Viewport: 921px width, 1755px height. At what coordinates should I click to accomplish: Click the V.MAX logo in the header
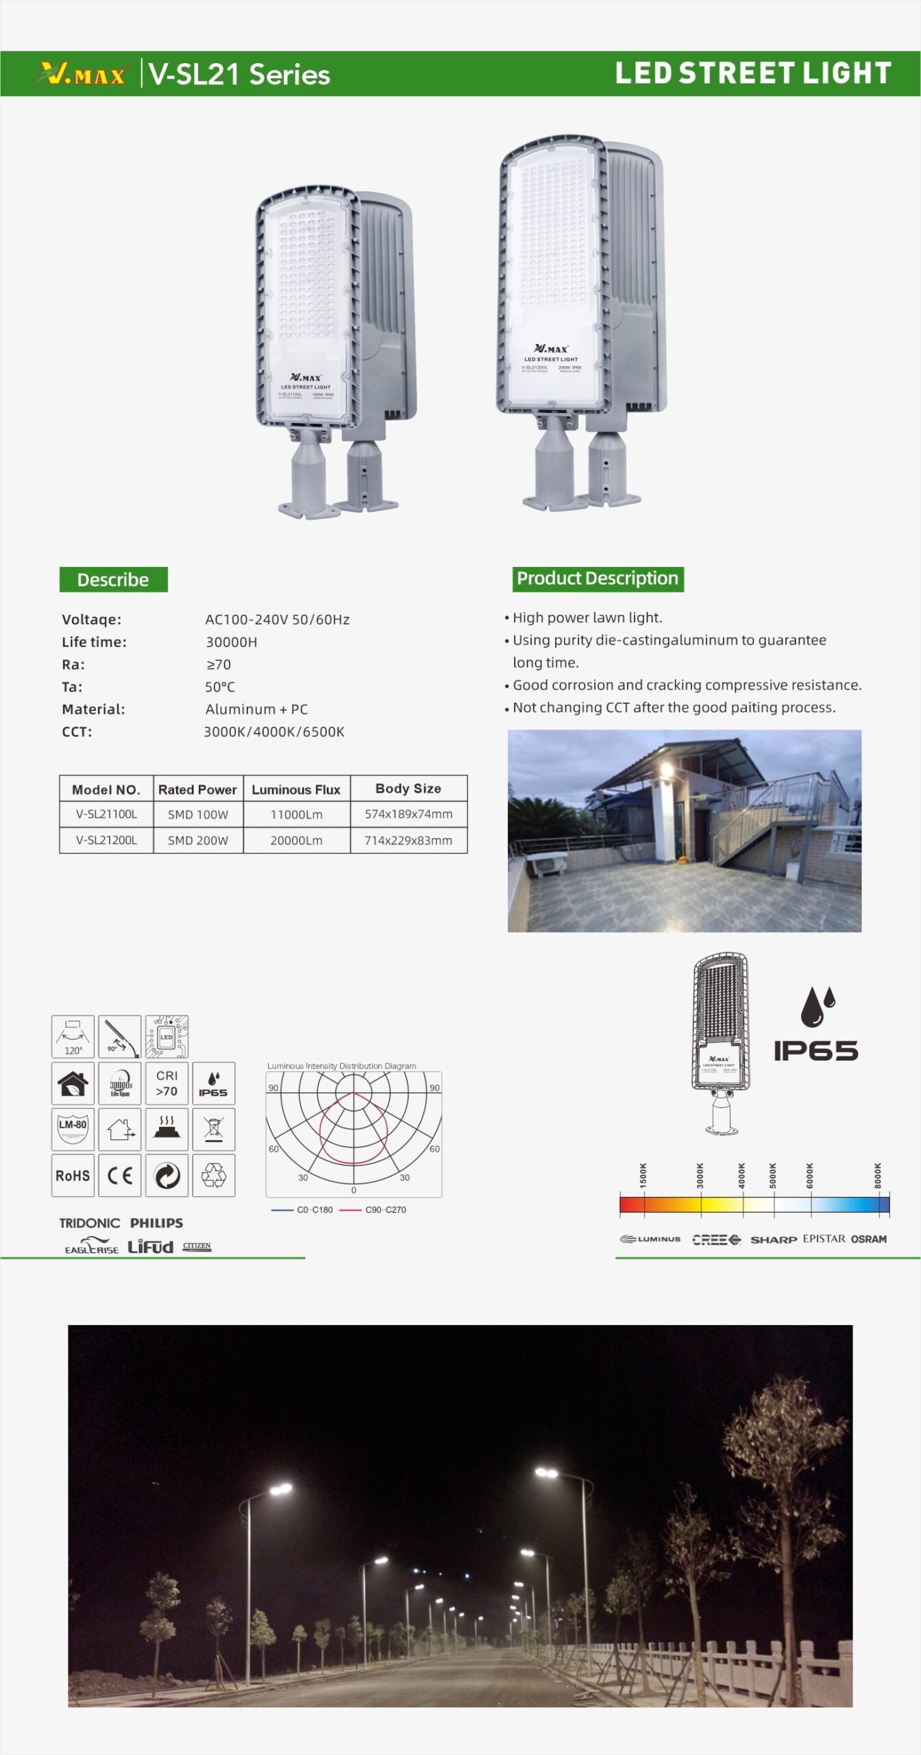83,73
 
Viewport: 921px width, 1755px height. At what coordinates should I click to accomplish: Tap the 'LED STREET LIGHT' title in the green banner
752,73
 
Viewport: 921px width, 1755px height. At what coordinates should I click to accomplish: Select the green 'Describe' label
113,580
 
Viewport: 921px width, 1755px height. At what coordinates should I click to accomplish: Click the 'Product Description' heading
597,579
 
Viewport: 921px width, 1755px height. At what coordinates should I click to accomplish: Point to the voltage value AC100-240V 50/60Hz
277,620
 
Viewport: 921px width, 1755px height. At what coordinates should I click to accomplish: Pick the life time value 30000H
232,642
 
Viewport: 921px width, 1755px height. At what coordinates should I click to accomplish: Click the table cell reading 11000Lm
296,814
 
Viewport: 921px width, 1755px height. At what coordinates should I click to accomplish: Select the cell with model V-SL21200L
106,840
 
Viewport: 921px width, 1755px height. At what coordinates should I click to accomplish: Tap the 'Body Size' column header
408,788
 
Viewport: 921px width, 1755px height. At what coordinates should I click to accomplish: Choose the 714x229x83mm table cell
408,840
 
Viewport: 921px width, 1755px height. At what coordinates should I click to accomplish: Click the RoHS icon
73,1176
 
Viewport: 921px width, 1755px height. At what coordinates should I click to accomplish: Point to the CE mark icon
120,1176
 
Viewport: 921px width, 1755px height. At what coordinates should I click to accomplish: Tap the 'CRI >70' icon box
167,1083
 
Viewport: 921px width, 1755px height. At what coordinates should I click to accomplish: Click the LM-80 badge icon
73,1128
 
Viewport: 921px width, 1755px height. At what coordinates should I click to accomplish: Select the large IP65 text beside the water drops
815,1051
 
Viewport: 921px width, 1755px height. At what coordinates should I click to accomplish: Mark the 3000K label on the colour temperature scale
700,1175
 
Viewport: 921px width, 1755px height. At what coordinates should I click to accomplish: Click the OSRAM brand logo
868,1239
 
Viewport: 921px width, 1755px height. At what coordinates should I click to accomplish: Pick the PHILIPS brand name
156,1223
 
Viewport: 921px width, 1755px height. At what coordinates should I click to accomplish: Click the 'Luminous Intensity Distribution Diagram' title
341,1066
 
